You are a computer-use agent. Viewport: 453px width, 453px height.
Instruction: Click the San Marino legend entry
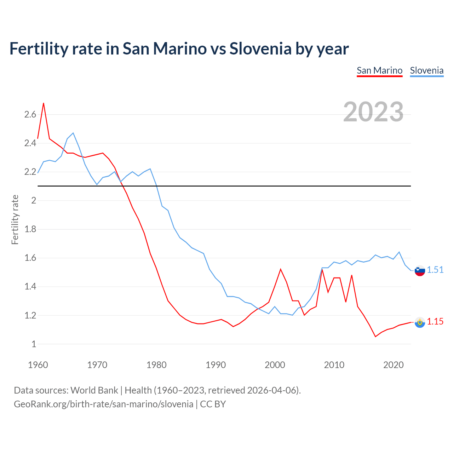click(x=379, y=70)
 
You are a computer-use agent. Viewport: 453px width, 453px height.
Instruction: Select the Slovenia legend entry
click(x=426, y=70)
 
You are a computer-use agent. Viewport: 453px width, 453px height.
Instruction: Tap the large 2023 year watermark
click(x=373, y=112)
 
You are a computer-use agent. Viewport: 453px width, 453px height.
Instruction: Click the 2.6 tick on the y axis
click(x=30, y=114)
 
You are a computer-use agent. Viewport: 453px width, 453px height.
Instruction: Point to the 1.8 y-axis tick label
click(x=30, y=229)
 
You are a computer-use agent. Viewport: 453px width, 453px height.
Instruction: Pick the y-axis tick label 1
click(x=34, y=344)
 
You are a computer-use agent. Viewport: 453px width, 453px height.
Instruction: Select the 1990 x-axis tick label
click(x=216, y=365)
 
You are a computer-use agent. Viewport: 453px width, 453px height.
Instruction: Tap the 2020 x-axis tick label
click(x=393, y=365)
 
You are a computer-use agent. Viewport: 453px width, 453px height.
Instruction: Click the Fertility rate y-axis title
click(x=15, y=219)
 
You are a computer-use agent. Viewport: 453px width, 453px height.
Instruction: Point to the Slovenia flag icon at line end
click(x=420, y=270)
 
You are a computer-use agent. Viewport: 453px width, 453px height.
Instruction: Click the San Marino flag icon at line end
click(x=420, y=322)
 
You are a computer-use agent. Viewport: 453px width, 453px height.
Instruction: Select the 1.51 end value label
click(x=435, y=270)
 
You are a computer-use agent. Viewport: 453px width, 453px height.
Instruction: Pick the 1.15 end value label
click(x=435, y=321)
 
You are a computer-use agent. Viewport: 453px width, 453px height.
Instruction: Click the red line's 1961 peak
click(x=44, y=103)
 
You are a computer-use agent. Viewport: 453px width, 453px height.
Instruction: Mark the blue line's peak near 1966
click(x=73, y=133)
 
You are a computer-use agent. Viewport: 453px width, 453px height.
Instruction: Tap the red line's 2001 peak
click(x=281, y=269)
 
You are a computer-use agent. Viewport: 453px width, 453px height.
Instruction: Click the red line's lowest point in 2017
click(x=375, y=337)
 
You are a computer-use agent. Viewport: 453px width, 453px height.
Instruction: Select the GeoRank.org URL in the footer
click(x=103, y=404)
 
